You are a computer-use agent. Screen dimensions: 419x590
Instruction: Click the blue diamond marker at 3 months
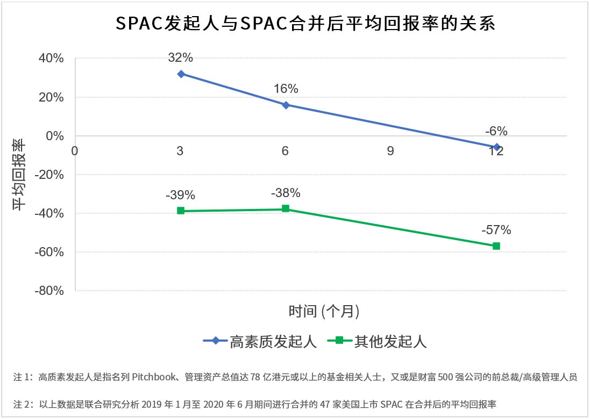181,74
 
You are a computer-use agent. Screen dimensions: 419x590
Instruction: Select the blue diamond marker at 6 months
286,105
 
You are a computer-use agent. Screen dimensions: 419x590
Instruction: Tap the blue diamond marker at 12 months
496,147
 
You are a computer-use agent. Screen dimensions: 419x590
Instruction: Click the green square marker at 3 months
181,211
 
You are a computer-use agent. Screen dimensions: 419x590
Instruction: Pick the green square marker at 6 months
286,208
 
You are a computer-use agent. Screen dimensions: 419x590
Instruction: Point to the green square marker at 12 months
496,246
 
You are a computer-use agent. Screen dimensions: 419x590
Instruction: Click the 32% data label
181,57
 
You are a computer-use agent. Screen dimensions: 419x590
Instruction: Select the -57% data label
496,230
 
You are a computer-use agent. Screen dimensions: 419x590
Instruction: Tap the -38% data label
286,193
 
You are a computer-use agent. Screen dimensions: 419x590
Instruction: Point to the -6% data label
496,131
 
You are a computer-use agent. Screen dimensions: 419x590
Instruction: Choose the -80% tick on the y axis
50,291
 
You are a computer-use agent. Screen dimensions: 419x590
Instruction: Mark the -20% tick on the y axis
50,175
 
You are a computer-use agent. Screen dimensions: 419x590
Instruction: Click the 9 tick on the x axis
390,151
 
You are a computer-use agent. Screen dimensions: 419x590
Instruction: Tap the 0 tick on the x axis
75,151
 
